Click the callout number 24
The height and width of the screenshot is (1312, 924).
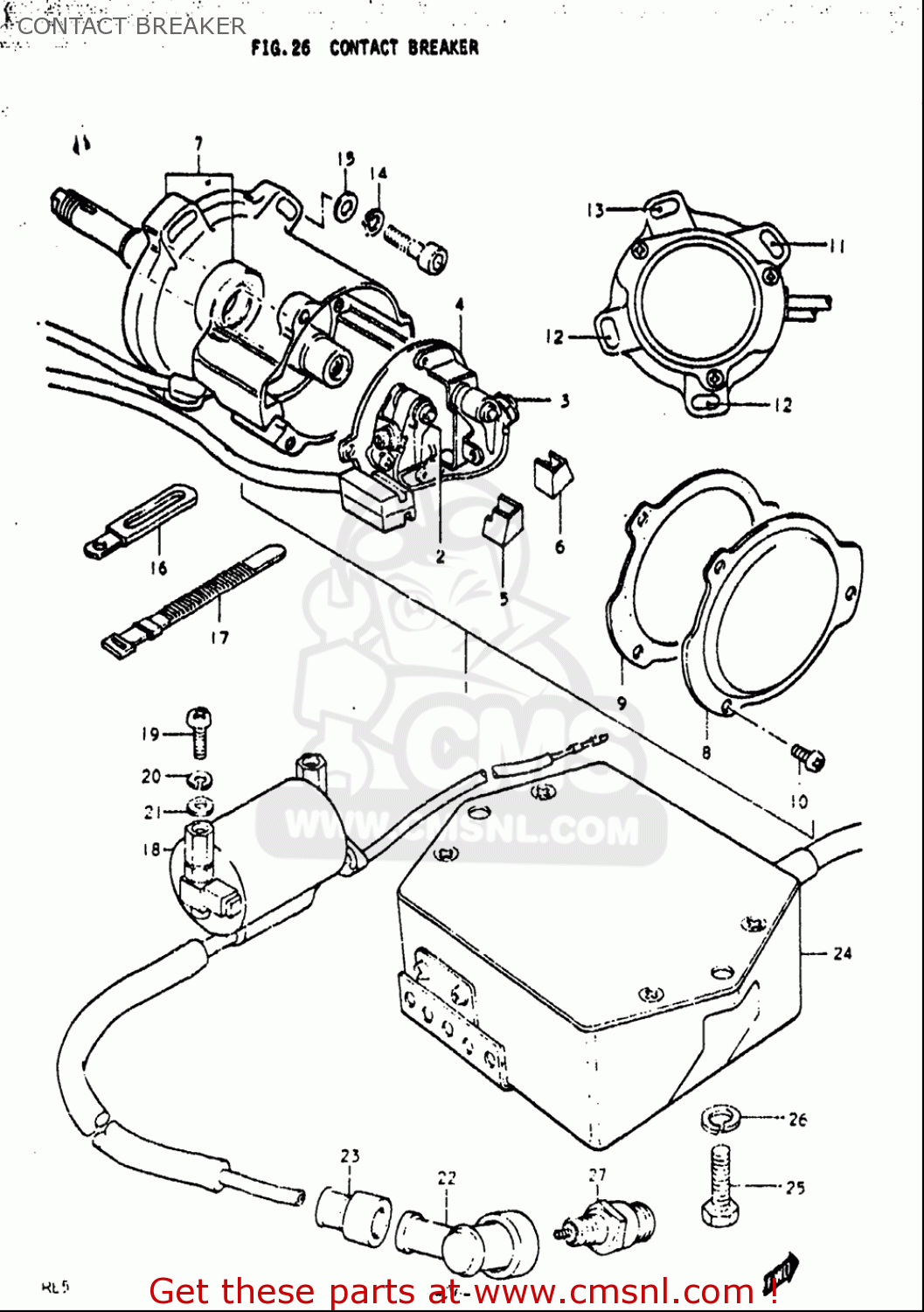pos(842,953)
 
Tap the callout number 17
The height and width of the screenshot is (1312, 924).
pos(219,638)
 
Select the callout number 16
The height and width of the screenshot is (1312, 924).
pos(158,569)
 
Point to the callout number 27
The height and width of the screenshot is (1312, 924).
pos(597,1175)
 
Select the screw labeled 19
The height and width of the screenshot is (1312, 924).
pos(198,733)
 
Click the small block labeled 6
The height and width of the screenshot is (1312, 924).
pos(553,475)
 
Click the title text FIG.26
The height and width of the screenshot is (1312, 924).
pos(281,48)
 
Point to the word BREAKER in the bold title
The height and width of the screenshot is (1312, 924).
pos(443,48)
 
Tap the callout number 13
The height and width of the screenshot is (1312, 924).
pos(595,210)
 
